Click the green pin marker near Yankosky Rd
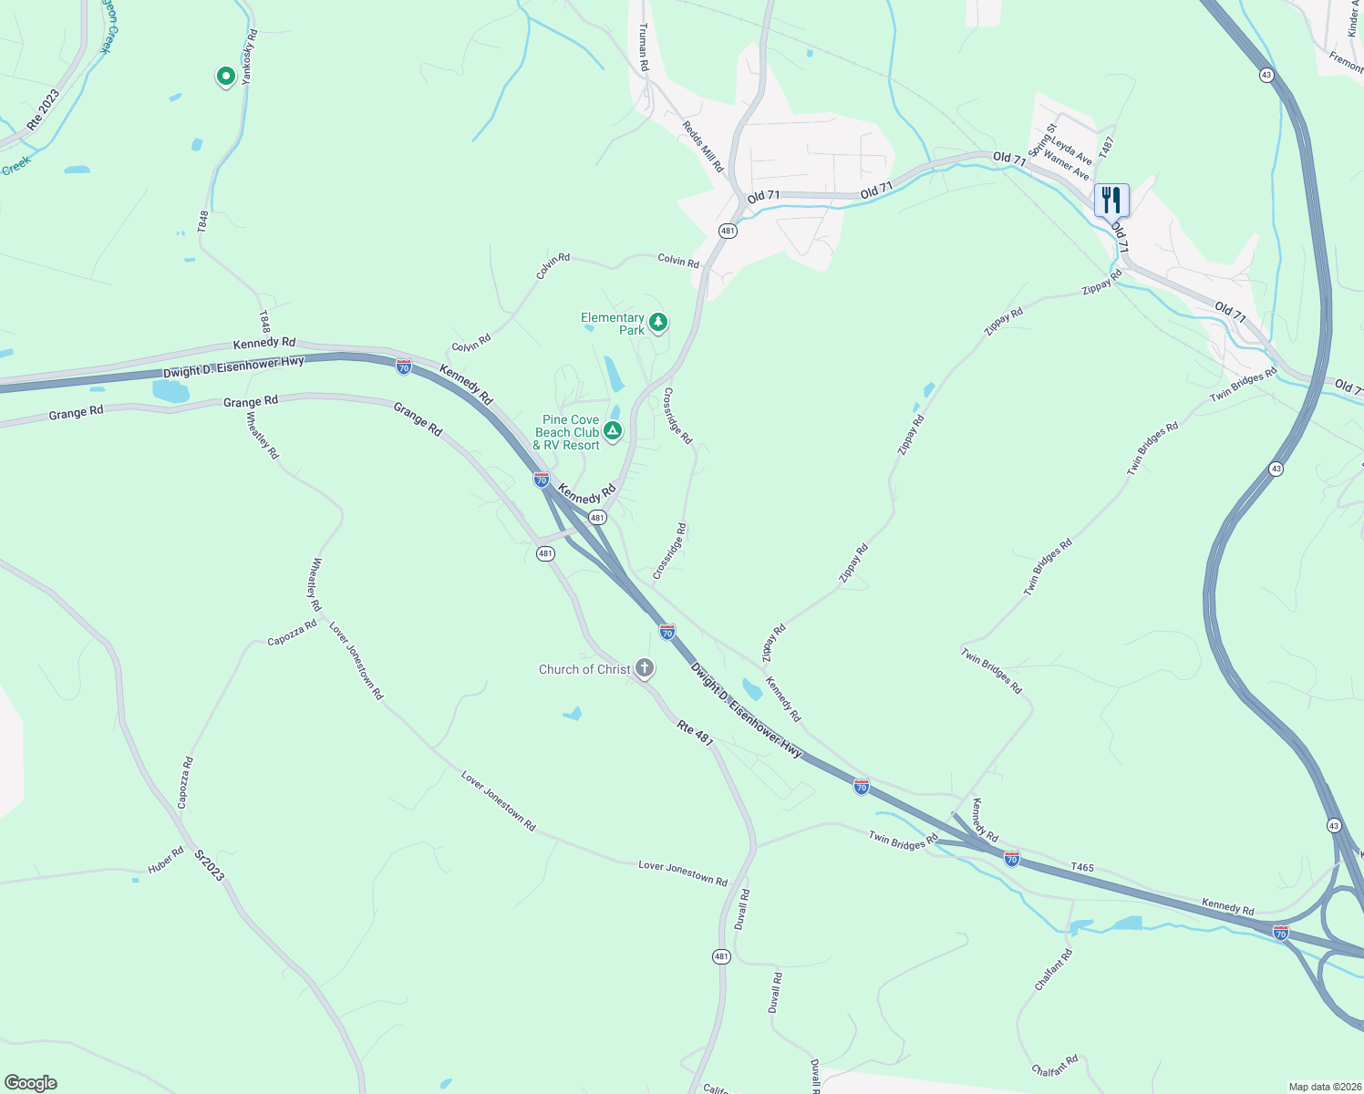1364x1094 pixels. click(x=225, y=77)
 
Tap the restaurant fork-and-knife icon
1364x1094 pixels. click(x=1111, y=200)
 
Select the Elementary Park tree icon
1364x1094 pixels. click(x=657, y=323)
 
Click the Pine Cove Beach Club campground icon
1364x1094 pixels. click(x=614, y=431)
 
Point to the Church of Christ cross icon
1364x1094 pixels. click(x=645, y=669)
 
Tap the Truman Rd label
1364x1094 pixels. click(x=644, y=47)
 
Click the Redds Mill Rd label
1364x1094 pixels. click(x=703, y=147)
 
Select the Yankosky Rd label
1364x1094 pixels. click(x=249, y=57)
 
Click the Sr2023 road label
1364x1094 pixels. click(x=210, y=865)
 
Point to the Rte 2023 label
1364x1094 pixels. click(x=43, y=109)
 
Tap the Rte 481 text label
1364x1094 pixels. click(x=695, y=732)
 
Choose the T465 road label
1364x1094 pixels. click(x=1082, y=867)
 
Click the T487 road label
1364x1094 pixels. click(x=1107, y=147)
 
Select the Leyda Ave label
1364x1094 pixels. click(x=1071, y=151)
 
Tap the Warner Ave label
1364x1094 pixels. click(x=1066, y=166)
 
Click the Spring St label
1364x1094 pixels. click(x=1041, y=139)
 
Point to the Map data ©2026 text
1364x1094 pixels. click(x=1324, y=1087)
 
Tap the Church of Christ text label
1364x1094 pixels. click(x=584, y=669)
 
